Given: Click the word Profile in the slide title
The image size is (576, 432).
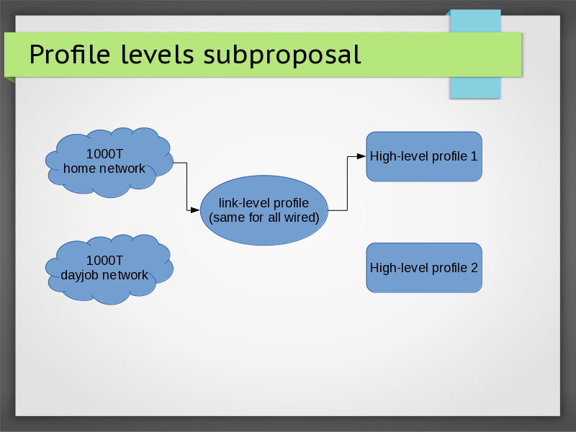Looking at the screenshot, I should (69, 54).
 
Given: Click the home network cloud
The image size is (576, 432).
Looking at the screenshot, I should (108, 163).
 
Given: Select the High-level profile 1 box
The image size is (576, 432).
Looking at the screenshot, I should (423, 156).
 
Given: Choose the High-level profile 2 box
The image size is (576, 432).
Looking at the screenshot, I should (423, 267).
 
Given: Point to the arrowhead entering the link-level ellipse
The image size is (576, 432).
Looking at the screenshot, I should (194, 210).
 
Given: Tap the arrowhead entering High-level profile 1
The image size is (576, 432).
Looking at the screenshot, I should (361, 156).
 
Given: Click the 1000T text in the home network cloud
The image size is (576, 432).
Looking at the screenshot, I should (104, 153).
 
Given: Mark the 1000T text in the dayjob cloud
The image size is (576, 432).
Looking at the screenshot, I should (104, 260).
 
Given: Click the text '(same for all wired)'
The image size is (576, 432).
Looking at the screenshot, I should (264, 217).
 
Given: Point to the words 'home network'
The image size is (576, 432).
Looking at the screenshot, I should (104, 168).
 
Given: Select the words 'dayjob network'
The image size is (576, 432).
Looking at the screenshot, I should (104, 275).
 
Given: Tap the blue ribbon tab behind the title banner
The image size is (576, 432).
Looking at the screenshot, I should (474, 86).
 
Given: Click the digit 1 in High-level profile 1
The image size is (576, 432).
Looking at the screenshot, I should (474, 156).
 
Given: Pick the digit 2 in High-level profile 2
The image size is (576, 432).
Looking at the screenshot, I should (474, 267).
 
